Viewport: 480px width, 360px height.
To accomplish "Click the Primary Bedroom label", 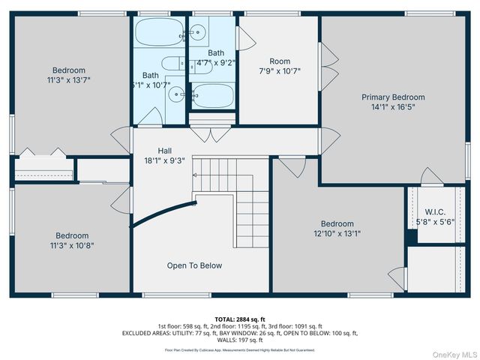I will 393,97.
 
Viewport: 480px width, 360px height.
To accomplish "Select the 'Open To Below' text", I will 194,265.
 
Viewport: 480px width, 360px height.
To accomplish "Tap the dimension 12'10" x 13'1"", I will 337,233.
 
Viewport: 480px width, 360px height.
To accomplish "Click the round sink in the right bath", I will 198,31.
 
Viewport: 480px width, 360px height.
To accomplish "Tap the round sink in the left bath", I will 174,94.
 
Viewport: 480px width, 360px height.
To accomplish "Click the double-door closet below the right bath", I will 210,134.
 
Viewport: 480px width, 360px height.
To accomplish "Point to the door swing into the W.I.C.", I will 432,177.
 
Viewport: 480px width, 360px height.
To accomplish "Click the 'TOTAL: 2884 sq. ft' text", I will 240,319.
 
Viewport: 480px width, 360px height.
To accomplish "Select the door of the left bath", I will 151,117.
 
